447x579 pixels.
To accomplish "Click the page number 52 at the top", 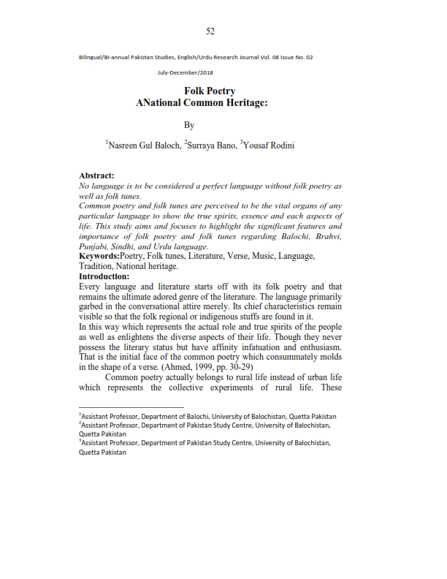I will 210,31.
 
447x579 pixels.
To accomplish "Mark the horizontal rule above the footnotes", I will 131,407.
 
